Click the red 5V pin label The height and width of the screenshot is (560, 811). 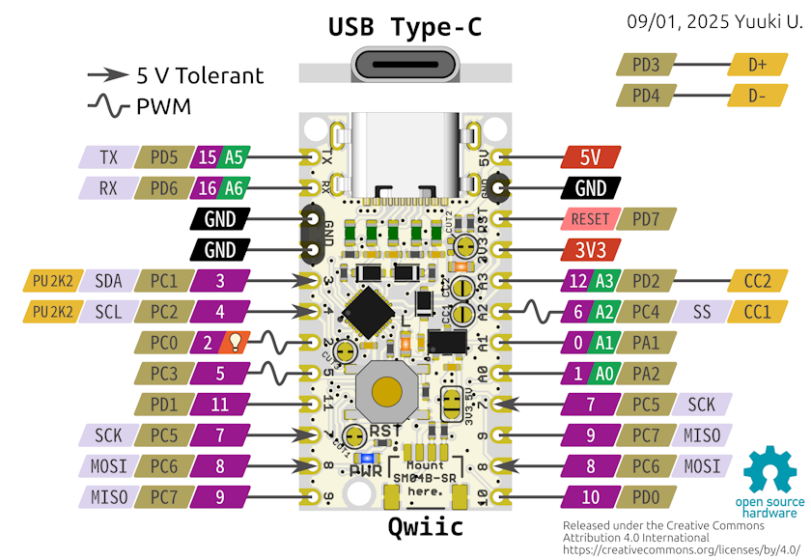pos(590,157)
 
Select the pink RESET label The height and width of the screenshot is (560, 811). pos(590,219)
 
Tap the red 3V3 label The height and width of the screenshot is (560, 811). pos(590,250)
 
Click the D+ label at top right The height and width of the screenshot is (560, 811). pos(757,66)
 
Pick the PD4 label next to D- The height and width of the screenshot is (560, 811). pos(646,97)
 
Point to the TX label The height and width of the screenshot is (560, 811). pos(109,157)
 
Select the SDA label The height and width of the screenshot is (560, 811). pos(109,281)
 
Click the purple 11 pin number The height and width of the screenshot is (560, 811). pos(220,405)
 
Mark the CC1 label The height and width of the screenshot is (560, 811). pos(757,312)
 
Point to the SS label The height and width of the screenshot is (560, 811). pos(701,312)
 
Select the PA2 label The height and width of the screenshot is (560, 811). pos(646,374)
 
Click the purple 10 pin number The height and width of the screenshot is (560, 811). pos(590,497)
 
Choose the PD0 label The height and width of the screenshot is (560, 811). pos(646,497)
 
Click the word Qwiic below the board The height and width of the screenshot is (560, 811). pos(425,526)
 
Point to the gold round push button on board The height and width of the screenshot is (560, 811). pos(386,391)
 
